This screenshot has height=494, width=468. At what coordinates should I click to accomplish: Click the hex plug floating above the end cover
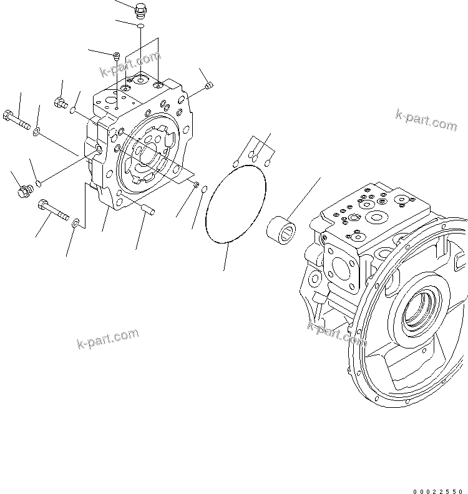(141, 11)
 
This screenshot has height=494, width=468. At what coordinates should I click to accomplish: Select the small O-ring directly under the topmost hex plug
(141, 26)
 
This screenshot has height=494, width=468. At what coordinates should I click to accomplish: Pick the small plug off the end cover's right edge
(209, 86)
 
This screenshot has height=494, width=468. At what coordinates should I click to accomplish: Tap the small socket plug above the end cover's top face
(117, 57)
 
